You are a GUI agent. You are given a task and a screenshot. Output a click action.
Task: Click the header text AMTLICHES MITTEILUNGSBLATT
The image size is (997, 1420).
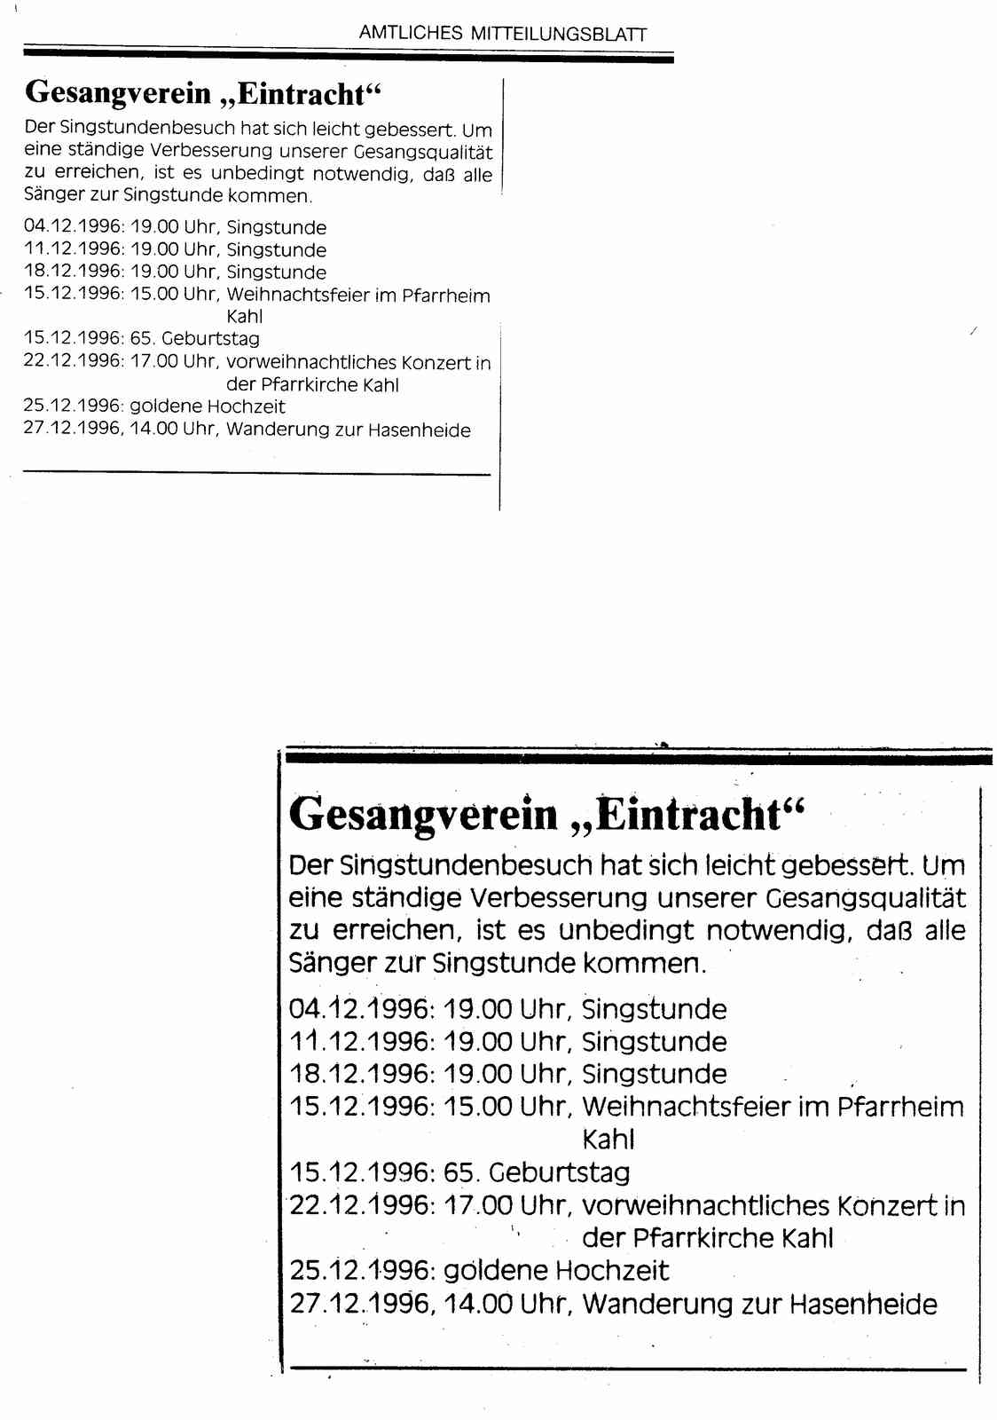point(502,34)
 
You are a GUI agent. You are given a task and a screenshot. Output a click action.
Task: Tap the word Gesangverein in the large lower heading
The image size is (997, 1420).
point(423,814)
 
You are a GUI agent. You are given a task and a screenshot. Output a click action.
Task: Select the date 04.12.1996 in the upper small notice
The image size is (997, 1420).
point(74,227)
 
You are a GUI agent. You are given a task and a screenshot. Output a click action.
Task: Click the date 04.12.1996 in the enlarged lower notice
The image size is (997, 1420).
point(359,1009)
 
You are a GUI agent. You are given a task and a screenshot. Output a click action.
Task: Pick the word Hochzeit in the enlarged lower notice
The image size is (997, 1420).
point(611,1270)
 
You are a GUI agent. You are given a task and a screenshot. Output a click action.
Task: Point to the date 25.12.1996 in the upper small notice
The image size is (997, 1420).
point(74,406)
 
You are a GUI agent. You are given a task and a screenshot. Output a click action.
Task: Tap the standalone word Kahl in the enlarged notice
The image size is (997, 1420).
point(608,1140)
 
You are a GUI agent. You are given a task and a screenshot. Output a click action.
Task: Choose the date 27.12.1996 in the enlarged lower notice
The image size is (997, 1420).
point(359,1304)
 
